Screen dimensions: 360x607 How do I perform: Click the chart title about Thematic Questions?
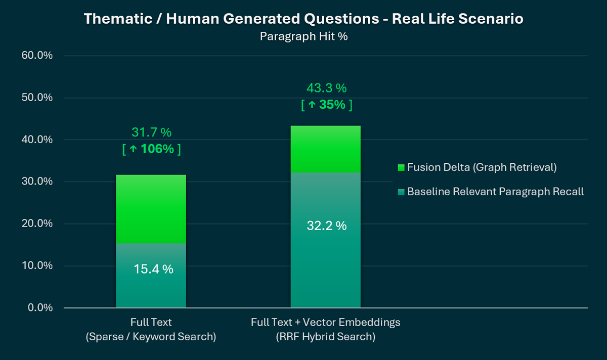[x=303, y=19]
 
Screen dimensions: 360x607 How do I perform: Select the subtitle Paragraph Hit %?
[x=303, y=36]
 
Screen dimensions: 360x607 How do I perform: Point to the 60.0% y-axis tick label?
[x=37, y=56]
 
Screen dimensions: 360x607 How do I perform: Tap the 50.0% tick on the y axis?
[x=37, y=98]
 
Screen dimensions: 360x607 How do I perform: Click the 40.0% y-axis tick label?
[x=37, y=140]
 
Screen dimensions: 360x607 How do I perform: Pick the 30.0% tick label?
[x=37, y=182]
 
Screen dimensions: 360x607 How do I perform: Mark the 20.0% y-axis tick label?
[x=37, y=223]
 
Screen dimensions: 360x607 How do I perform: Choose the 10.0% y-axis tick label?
[x=37, y=265]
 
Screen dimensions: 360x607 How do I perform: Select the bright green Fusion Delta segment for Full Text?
[x=151, y=209]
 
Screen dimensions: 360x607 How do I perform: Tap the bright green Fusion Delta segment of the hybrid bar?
[x=325, y=149]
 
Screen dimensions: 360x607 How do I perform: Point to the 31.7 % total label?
[x=151, y=133]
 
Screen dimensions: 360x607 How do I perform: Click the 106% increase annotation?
[x=151, y=150]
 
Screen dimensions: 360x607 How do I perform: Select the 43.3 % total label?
[x=326, y=88]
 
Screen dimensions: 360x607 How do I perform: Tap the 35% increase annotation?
[x=326, y=105]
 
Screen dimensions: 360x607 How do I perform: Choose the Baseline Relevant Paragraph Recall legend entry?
[x=491, y=192]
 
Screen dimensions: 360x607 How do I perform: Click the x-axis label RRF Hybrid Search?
[x=326, y=337]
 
